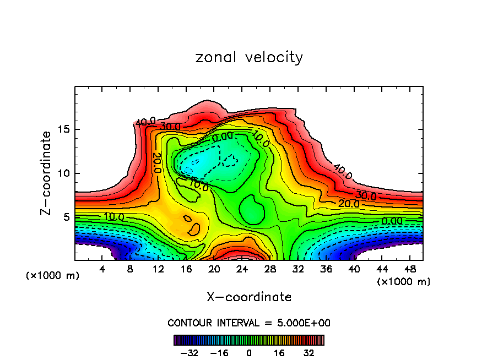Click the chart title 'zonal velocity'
[x=249, y=57]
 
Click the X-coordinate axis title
[x=249, y=297]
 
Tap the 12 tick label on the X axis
[x=158, y=269]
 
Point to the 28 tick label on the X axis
[x=270, y=269]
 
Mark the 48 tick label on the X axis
[x=409, y=269]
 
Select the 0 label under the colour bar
[x=249, y=353]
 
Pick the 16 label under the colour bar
[x=279, y=353]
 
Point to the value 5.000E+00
[x=301, y=323]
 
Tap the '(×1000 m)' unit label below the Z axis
[x=53, y=276]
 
